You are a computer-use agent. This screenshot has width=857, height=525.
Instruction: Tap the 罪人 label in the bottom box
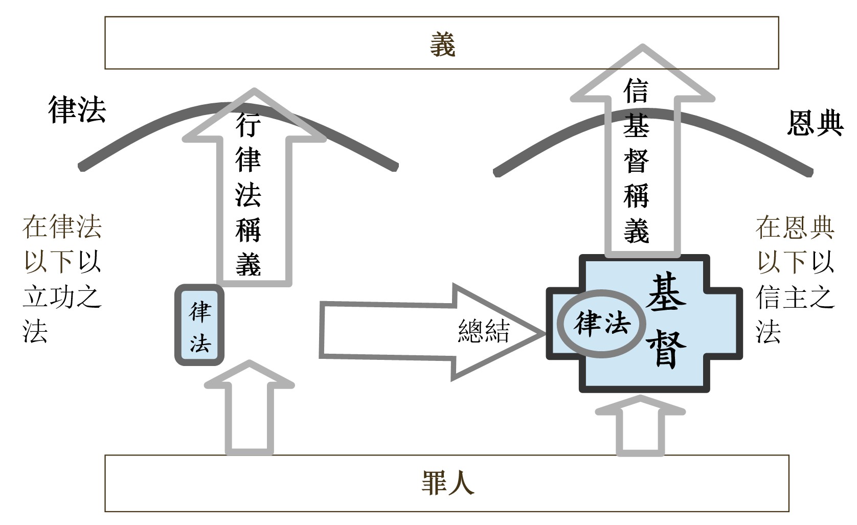click(447, 483)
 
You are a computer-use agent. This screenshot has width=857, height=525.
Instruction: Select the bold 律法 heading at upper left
click(77, 109)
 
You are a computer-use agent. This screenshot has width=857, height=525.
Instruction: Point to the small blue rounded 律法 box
click(199, 326)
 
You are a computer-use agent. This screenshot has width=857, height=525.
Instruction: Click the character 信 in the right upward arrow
click(636, 92)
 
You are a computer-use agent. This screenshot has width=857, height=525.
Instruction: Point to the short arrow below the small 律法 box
click(249, 409)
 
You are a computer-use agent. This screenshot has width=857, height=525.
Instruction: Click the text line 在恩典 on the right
click(795, 227)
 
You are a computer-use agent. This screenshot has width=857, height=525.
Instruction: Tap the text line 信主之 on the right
click(795, 296)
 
